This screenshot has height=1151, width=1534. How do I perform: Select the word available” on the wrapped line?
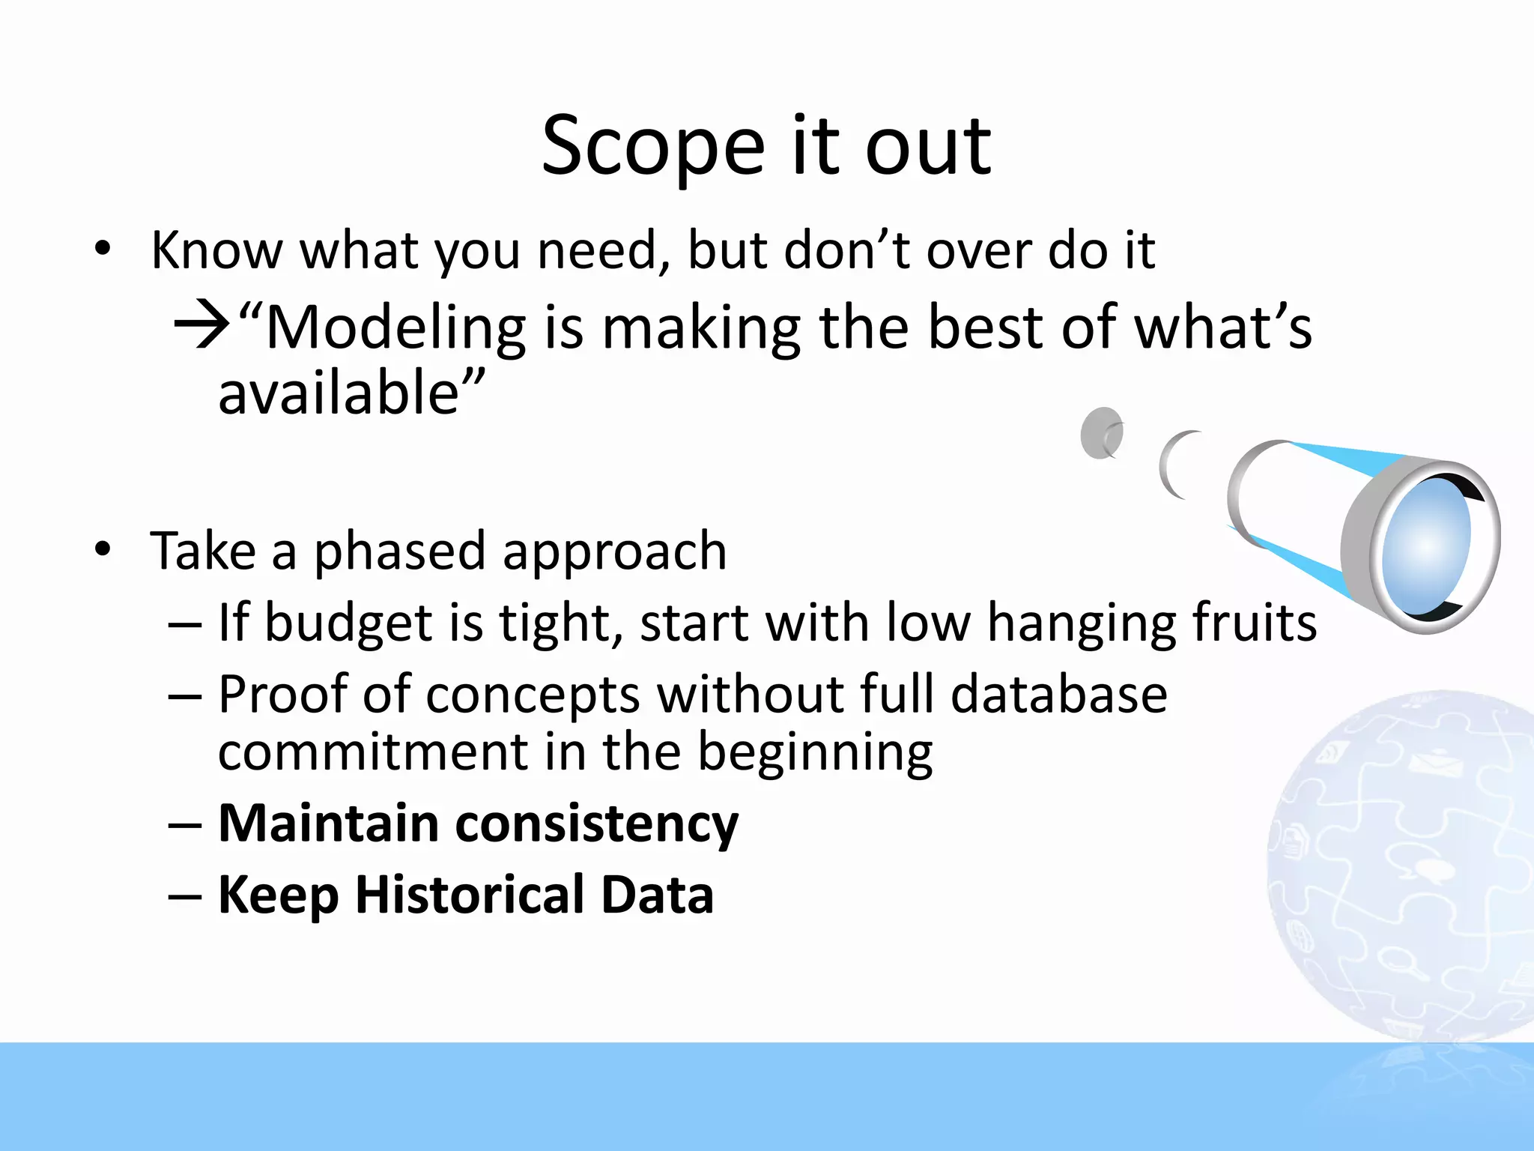351,393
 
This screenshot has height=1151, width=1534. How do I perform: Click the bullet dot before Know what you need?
103,249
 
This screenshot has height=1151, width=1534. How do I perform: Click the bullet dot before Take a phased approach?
103,549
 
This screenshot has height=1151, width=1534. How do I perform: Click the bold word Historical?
469,895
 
